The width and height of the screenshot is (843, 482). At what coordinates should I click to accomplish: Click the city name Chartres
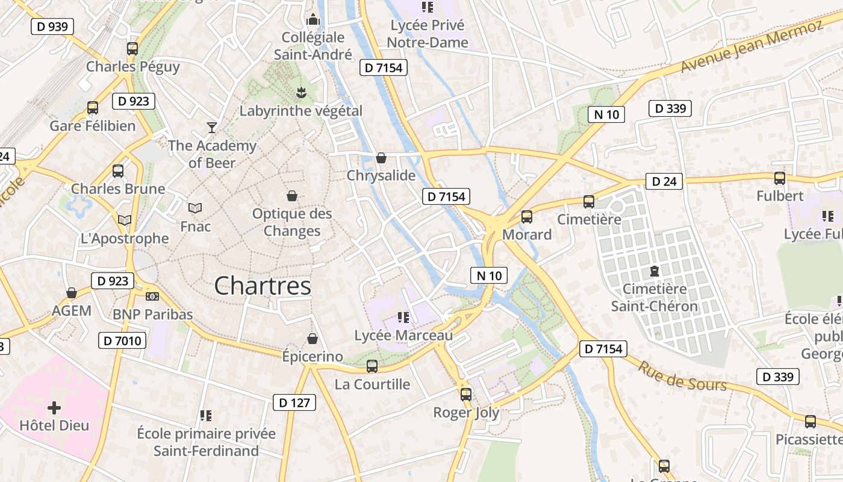click(263, 286)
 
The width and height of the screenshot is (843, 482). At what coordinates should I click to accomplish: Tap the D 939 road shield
click(52, 27)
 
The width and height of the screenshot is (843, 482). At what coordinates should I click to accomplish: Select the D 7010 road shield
click(122, 341)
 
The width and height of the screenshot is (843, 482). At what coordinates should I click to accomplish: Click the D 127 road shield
click(294, 403)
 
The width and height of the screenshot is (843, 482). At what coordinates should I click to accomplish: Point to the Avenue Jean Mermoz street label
click(751, 47)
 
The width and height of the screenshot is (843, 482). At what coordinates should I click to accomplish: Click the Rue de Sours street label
click(682, 376)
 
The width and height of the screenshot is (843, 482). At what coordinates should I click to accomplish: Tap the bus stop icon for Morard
click(527, 217)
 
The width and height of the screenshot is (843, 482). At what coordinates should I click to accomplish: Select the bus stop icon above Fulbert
click(780, 178)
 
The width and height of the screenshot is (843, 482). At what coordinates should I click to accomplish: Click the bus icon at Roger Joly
click(466, 395)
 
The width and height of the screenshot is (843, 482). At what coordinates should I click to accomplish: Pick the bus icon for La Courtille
click(372, 366)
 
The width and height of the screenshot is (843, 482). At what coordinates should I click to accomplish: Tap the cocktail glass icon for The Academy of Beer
click(211, 127)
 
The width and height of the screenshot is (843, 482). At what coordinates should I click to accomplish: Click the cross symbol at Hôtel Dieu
click(54, 408)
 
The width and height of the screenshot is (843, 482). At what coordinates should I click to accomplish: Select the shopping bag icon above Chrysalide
click(381, 158)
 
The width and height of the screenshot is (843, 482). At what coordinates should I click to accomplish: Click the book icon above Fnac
click(195, 208)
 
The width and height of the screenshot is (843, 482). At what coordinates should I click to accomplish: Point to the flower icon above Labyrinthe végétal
click(301, 93)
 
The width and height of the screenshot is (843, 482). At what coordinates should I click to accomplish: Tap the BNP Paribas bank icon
click(152, 296)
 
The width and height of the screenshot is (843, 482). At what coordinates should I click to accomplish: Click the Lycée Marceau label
click(403, 336)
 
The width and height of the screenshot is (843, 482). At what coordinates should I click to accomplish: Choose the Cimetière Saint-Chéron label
click(654, 298)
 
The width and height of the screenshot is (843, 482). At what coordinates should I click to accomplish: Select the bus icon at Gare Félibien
click(93, 108)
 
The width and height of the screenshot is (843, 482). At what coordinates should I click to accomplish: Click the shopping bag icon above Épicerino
click(312, 339)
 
